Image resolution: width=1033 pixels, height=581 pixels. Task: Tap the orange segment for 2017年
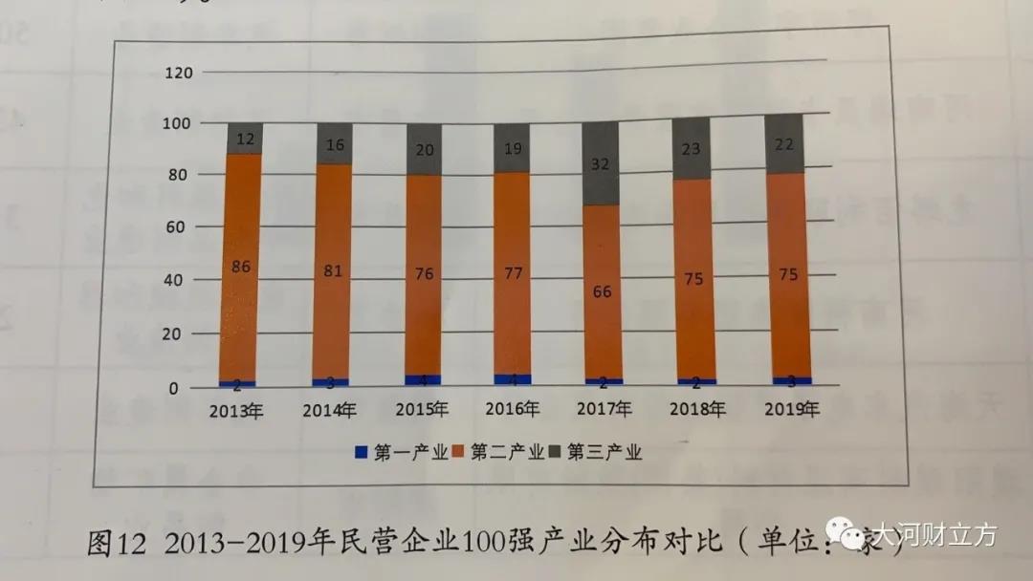[x=602, y=291]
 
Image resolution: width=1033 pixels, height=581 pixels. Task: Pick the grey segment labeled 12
[x=245, y=139]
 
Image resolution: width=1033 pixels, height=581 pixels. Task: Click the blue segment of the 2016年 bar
[x=513, y=379]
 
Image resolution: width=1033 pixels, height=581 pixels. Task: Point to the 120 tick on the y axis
[x=181, y=73]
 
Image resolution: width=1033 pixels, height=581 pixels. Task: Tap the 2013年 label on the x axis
[x=236, y=412]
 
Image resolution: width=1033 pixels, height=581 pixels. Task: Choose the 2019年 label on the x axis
[x=793, y=410]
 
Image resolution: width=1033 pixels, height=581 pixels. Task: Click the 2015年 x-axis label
[x=422, y=411]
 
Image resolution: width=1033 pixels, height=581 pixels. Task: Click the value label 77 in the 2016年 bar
[x=513, y=274]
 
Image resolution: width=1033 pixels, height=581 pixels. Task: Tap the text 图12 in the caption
[x=116, y=544]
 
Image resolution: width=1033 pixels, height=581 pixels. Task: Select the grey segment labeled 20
[x=423, y=149]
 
